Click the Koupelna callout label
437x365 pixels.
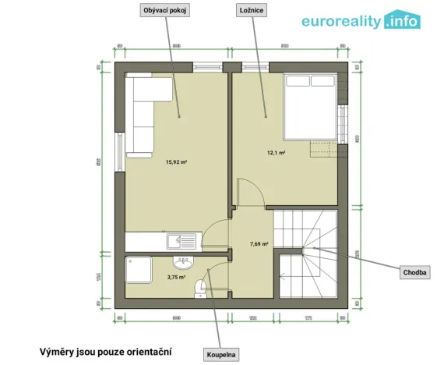coord(220,355)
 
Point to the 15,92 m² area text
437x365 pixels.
coord(176,162)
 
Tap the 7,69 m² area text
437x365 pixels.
coord(259,243)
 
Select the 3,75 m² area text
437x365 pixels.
coord(176,276)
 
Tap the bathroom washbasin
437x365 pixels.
coord(184,262)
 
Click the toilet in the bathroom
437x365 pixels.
coord(200,289)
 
